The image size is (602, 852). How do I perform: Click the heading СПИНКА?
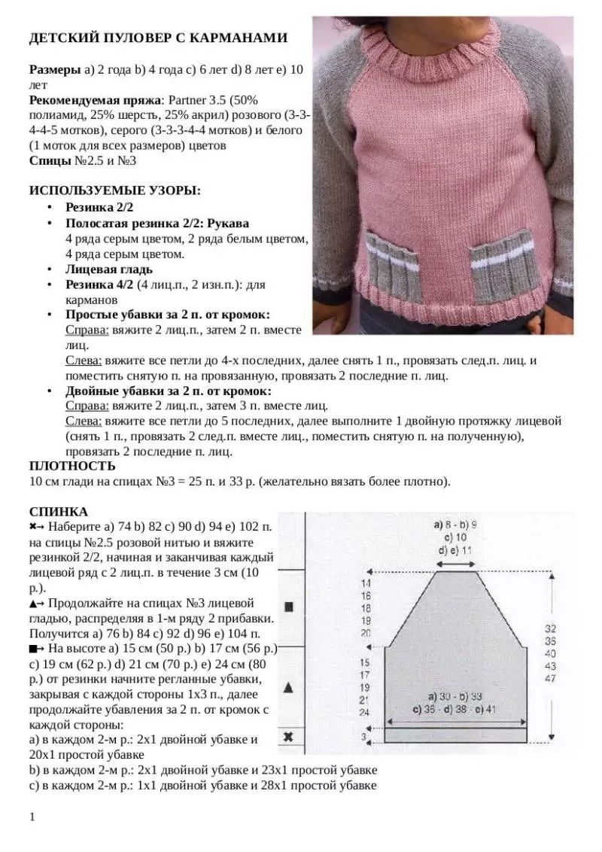(58, 512)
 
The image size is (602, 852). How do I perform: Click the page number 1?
(32, 817)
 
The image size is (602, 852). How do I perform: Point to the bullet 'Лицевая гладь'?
(109, 269)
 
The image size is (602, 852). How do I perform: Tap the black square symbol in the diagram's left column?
(289, 607)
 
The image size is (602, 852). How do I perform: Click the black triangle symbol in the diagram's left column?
(289, 686)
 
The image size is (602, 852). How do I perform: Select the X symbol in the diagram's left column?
(289, 737)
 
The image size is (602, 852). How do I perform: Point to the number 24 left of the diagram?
(365, 711)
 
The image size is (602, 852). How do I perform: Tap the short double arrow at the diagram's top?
(455, 563)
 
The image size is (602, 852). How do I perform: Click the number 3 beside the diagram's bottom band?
(364, 737)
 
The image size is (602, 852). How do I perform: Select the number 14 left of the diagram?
(366, 583)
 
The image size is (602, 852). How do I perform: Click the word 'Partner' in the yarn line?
(189, 99)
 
